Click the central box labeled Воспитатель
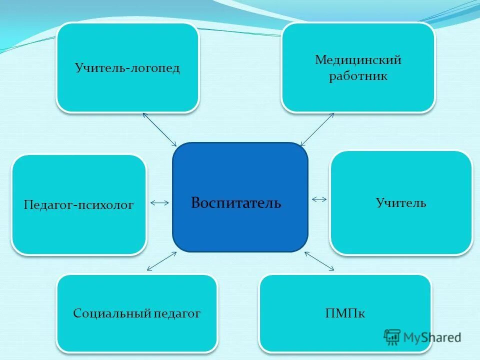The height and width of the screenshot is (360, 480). pos(240,197)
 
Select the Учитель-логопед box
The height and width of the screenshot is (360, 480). pos(127,67)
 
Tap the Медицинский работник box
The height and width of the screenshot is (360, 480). pos(358,67)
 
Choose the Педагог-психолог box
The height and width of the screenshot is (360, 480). pos(79,204)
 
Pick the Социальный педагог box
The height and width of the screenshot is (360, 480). pos(137,313)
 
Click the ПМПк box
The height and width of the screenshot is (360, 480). pos(345,313)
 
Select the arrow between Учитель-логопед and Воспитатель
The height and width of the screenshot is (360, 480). pos(159,129)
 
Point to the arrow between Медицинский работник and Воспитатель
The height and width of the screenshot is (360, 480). pos(317,129)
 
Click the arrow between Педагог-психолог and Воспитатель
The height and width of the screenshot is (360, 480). pos(159,202)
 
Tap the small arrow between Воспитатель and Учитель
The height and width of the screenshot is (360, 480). pos(319,199)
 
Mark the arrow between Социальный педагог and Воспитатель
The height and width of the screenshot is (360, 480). pos(161,261)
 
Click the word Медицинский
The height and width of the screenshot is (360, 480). pos(358,60)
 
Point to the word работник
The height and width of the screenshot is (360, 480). pos(358,77)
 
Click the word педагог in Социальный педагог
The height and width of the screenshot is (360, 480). pos(177,313)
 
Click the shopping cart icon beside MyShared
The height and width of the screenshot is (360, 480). pos(392,337)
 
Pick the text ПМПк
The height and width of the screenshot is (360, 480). pos(345,313)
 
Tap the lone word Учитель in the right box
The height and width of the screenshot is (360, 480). pos(401,203)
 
